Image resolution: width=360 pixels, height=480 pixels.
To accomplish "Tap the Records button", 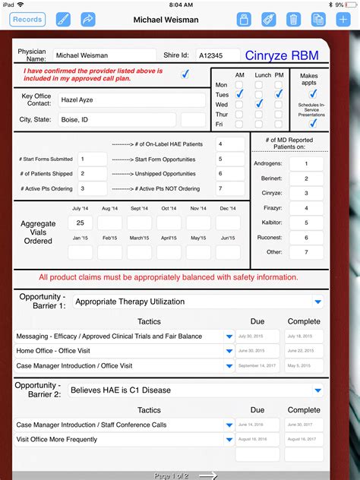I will coord(27,20).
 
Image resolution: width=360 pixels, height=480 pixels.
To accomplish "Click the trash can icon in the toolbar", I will coord(292,20).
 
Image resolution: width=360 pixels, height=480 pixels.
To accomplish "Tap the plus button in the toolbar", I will coord(343,20).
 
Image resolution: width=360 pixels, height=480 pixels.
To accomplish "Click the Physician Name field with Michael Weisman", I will coord(103,55).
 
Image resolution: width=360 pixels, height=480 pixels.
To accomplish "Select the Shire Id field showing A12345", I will coord(215,55).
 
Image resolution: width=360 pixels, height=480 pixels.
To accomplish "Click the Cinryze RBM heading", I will coord(283,55).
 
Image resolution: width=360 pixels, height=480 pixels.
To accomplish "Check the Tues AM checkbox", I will coord(239,94).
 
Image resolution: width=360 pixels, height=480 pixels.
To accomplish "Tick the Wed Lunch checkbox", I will coord(259,104).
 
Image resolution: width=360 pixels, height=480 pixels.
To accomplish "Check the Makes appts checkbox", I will coord(312,94).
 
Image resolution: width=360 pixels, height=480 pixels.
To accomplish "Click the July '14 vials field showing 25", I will coord(80,223).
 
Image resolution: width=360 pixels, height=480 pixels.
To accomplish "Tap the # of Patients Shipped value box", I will coord(93,175).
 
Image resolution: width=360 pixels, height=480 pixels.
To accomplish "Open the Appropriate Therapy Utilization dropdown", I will coord(196,302).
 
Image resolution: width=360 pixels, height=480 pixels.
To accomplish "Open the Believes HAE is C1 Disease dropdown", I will coord(196,390).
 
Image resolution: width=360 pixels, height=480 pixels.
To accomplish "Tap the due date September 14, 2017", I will coord(257,365).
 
